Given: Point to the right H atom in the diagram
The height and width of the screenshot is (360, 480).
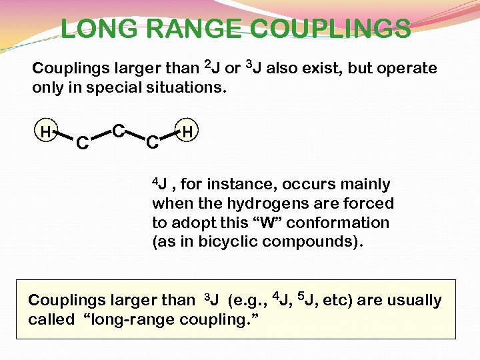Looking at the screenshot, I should [x=187, y=133].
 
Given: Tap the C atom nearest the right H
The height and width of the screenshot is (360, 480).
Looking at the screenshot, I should [x=152, y=142].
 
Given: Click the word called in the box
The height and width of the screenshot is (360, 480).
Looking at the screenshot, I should [x=51, y=320].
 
